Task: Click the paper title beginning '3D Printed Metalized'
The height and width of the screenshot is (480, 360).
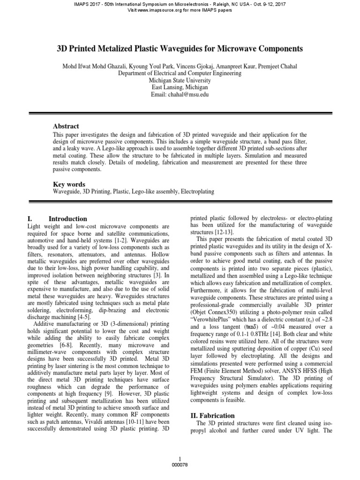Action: [180, 48]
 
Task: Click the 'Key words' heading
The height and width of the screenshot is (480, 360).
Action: [70, 185]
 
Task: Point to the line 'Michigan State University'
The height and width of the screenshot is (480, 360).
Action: [180, 80]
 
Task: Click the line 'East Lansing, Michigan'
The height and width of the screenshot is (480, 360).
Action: [180, 87]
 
